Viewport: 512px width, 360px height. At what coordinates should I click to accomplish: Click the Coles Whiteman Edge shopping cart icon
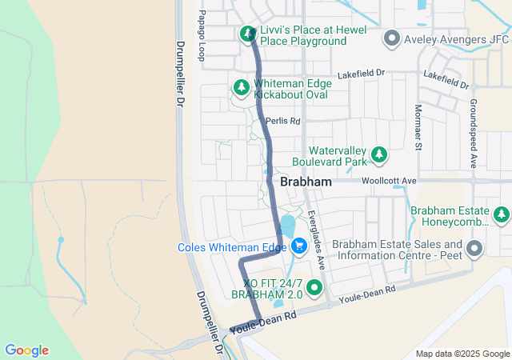pos(300,246)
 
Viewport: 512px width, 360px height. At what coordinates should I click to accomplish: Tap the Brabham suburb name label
pos(306,182)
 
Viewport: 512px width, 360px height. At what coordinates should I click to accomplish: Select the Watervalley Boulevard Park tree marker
pos(379,154)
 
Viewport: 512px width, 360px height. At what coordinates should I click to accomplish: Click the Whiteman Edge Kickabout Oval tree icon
pos(240,86)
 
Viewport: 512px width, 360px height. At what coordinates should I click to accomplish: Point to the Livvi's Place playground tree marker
pos(248,34)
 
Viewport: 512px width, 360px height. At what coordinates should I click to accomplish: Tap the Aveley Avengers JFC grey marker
pos(391,38)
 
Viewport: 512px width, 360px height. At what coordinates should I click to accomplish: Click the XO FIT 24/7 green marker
pos(314,288)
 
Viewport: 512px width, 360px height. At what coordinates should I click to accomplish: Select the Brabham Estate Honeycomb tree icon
pos(502,214)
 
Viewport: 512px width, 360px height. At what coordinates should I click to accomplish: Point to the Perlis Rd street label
pos(282,122)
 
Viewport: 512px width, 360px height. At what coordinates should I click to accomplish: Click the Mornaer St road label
pos(417,127)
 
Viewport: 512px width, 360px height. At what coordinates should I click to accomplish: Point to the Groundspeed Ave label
pos(473,134)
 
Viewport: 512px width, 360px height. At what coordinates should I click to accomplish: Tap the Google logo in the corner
pos(27,350)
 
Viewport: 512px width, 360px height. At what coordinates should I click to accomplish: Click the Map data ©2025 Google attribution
pos(462,354)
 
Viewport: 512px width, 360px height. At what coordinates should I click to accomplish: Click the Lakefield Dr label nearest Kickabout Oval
pos(362,73)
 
